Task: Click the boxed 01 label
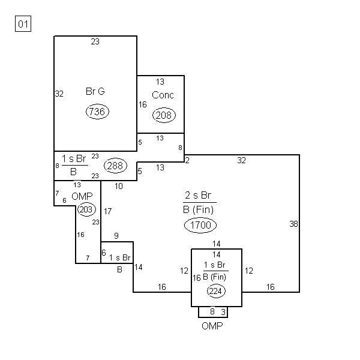pyautogui.click(x=23, y=23)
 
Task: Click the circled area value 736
pyautogui.click(x=97, y=112)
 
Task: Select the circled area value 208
pyautogui.click(x=164, y=115)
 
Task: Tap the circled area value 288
pyautogui.click(x=115, y=166)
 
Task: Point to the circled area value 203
pyautogui.click(x=86, y=209)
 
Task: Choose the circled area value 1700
pyautogui.click(x=200, y=225)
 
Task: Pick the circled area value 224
pyautogui.click(x=216, y=291)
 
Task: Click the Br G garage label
pyautogui.click(x=95, y=91)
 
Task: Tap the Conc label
pyautogui.click(x=163, y=95)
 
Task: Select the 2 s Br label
pyautogui.click(x=198, y=196)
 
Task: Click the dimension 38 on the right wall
pyautogui.click(x=293, y=224)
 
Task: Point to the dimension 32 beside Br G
pyautogui.click(x=59, y=94)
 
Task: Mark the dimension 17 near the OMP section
pyautogui.click(x=107, y=211)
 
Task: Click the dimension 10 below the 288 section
pyautogui.click(x=119, y=186)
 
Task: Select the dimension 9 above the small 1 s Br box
pyautogui.click(x=116, y=236)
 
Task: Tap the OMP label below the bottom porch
pyautogui.click(x=212, y=326)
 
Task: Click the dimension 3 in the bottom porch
pyautogui.click(x=223, y=312)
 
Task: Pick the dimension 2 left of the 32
pyautogui.click(x=187, y=160)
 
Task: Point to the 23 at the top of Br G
pyautogui.click(x=95, y=41)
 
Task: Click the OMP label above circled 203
pyautogui.click(x=82, y=197)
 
